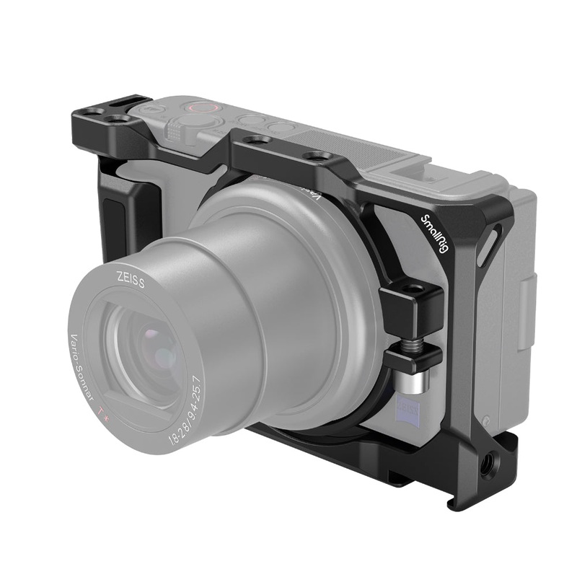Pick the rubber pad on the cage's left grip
point(114,216)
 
